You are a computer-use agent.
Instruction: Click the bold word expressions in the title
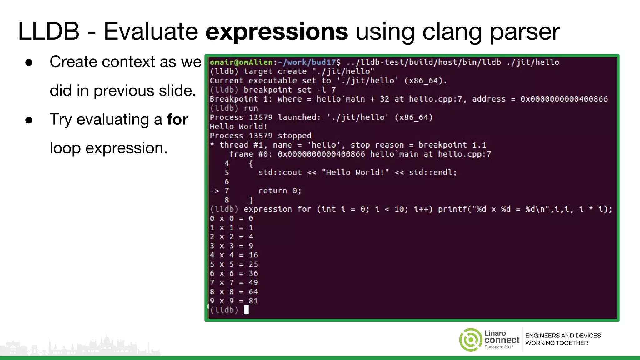tap(277, 32)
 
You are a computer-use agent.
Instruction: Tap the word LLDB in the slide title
tap(49, 32)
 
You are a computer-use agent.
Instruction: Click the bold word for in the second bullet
tap(177, 119)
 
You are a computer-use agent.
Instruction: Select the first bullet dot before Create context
tap(29, 62)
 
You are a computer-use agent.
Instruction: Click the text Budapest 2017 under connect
tap(499, 347)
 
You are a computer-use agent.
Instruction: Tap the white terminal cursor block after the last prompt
tap(246, 310)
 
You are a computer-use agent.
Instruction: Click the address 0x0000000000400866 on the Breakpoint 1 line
tap(564, 99)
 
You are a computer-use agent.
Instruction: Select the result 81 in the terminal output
tap(253, 301)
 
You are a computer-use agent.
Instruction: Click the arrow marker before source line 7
tap(215, 191)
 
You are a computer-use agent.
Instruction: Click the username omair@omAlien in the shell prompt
tap(241, 62)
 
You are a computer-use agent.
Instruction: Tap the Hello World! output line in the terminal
tap(238, 127)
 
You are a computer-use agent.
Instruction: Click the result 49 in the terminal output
tap(253, 282)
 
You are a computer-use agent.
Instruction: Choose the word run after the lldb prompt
tap(251, 108)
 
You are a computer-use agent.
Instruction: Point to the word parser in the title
tap(525, 32)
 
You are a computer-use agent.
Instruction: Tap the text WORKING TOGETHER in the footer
tap(557, 343)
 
